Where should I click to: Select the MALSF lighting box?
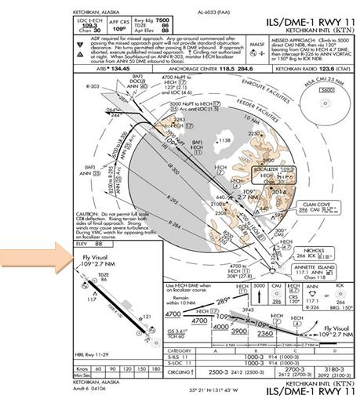coord(256,47)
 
